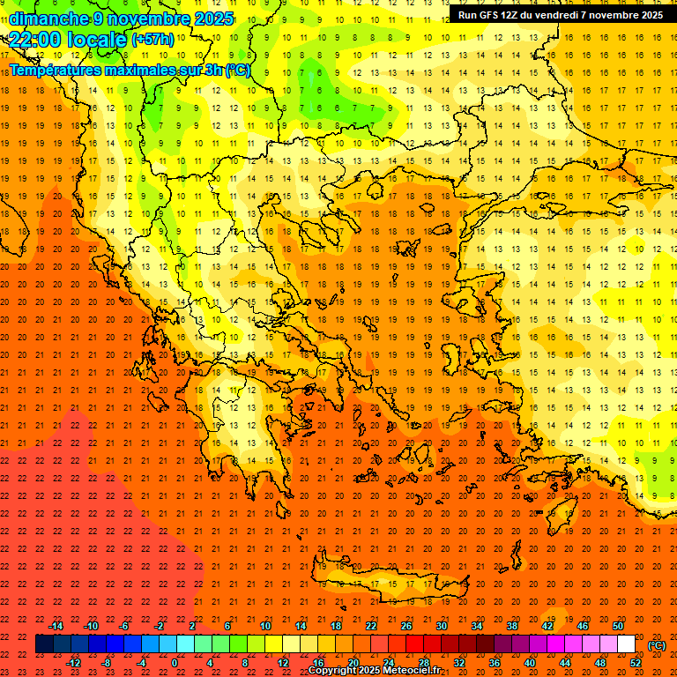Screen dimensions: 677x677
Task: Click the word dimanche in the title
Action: (x=49, y=19)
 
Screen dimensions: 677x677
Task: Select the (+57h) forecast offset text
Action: (x=153, y=40)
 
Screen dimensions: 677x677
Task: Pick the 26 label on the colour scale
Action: (x=405, y=625)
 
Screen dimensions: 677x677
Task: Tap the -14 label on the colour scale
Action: (x=56, y=625)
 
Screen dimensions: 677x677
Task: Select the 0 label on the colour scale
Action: (x=175, y=663)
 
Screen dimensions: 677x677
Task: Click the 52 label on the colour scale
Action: (x=636, y=663)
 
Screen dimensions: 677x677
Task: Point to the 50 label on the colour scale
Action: (x=617, y=625)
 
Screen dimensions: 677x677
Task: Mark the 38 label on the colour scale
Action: (x=511, y=625)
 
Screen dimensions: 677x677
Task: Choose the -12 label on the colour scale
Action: (x=73, y=663)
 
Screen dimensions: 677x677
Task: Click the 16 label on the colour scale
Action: (x=318, y=663)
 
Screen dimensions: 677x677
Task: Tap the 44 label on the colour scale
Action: (x=565, y=663)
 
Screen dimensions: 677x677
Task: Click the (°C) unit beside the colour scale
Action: (x=657, y=644)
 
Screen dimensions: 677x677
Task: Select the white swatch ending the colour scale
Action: (x=626, y=644)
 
